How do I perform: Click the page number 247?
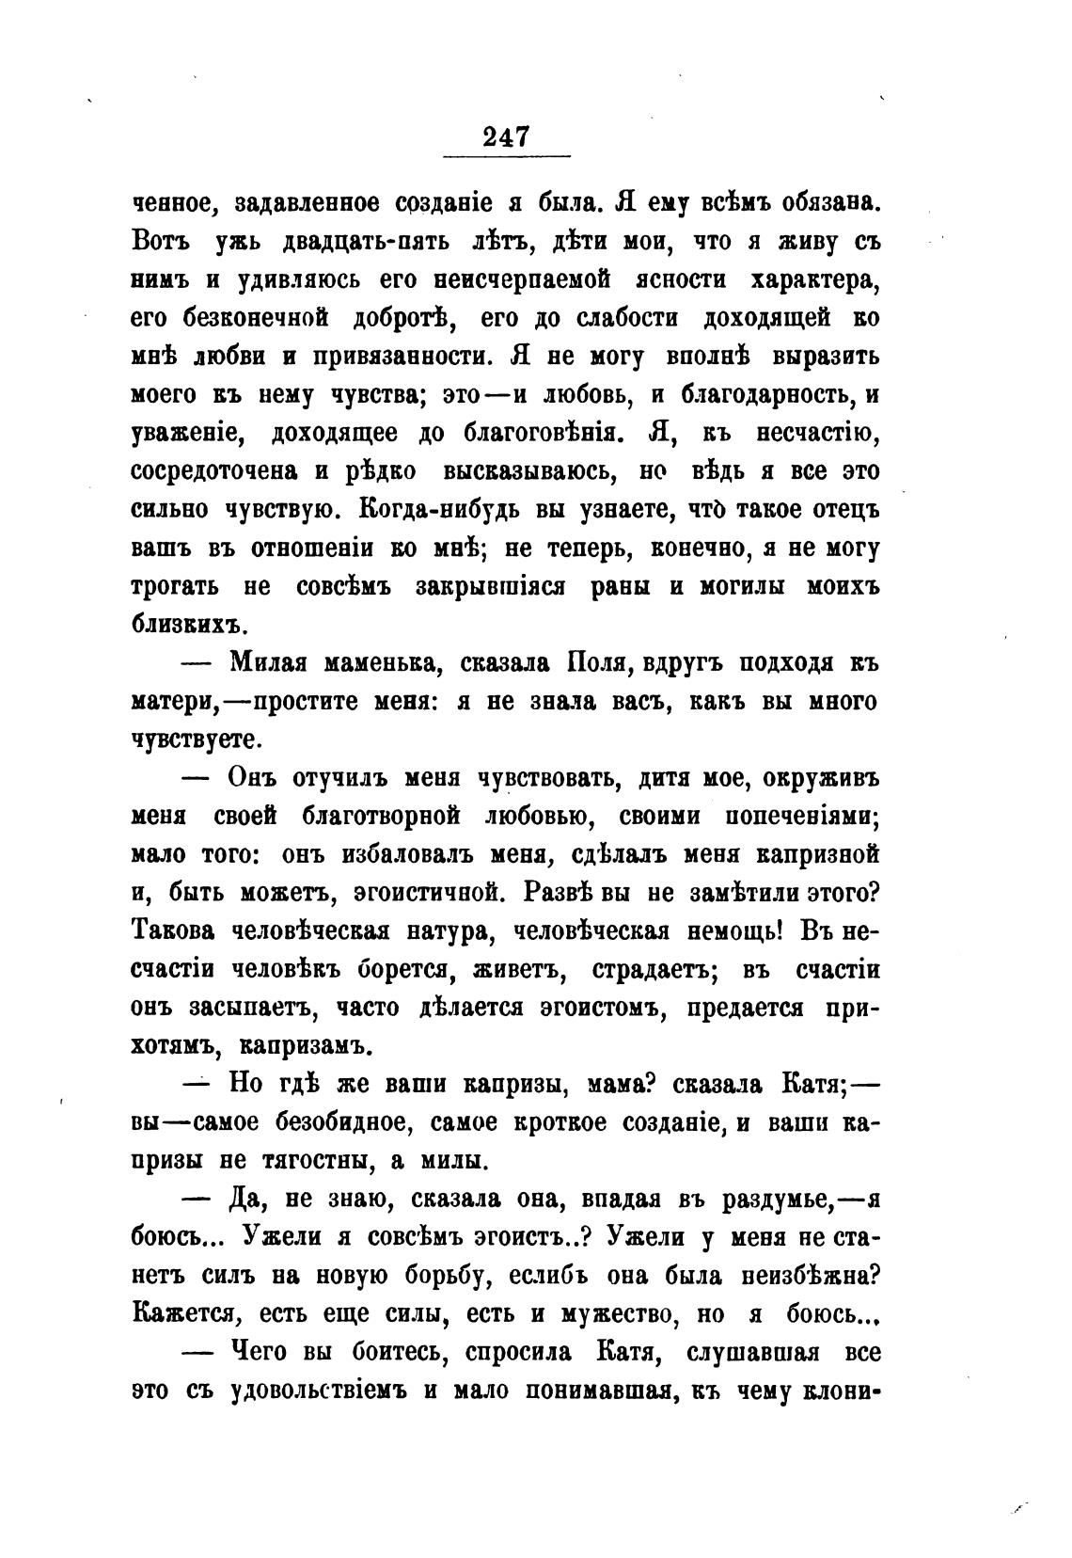coord(507,136)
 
